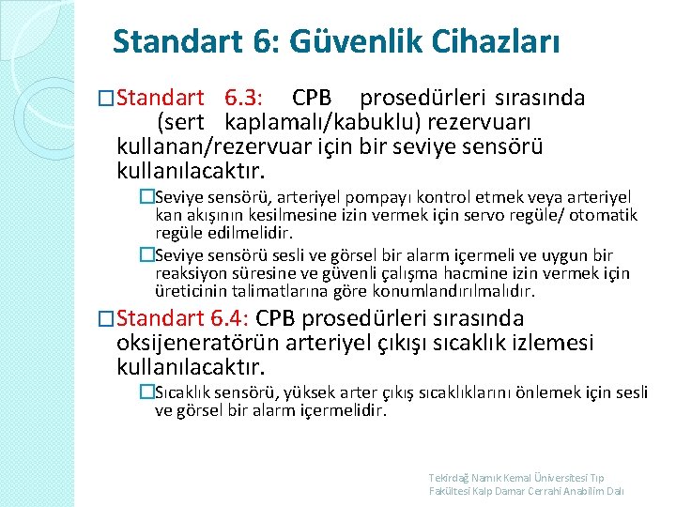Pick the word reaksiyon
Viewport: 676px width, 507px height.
pyautogui.click(x=190, y=273)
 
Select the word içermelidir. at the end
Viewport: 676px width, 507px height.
pyautogui.click(x=342, y=409)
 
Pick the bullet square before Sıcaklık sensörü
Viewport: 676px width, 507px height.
pyautogui.click(x=146, y=392)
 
